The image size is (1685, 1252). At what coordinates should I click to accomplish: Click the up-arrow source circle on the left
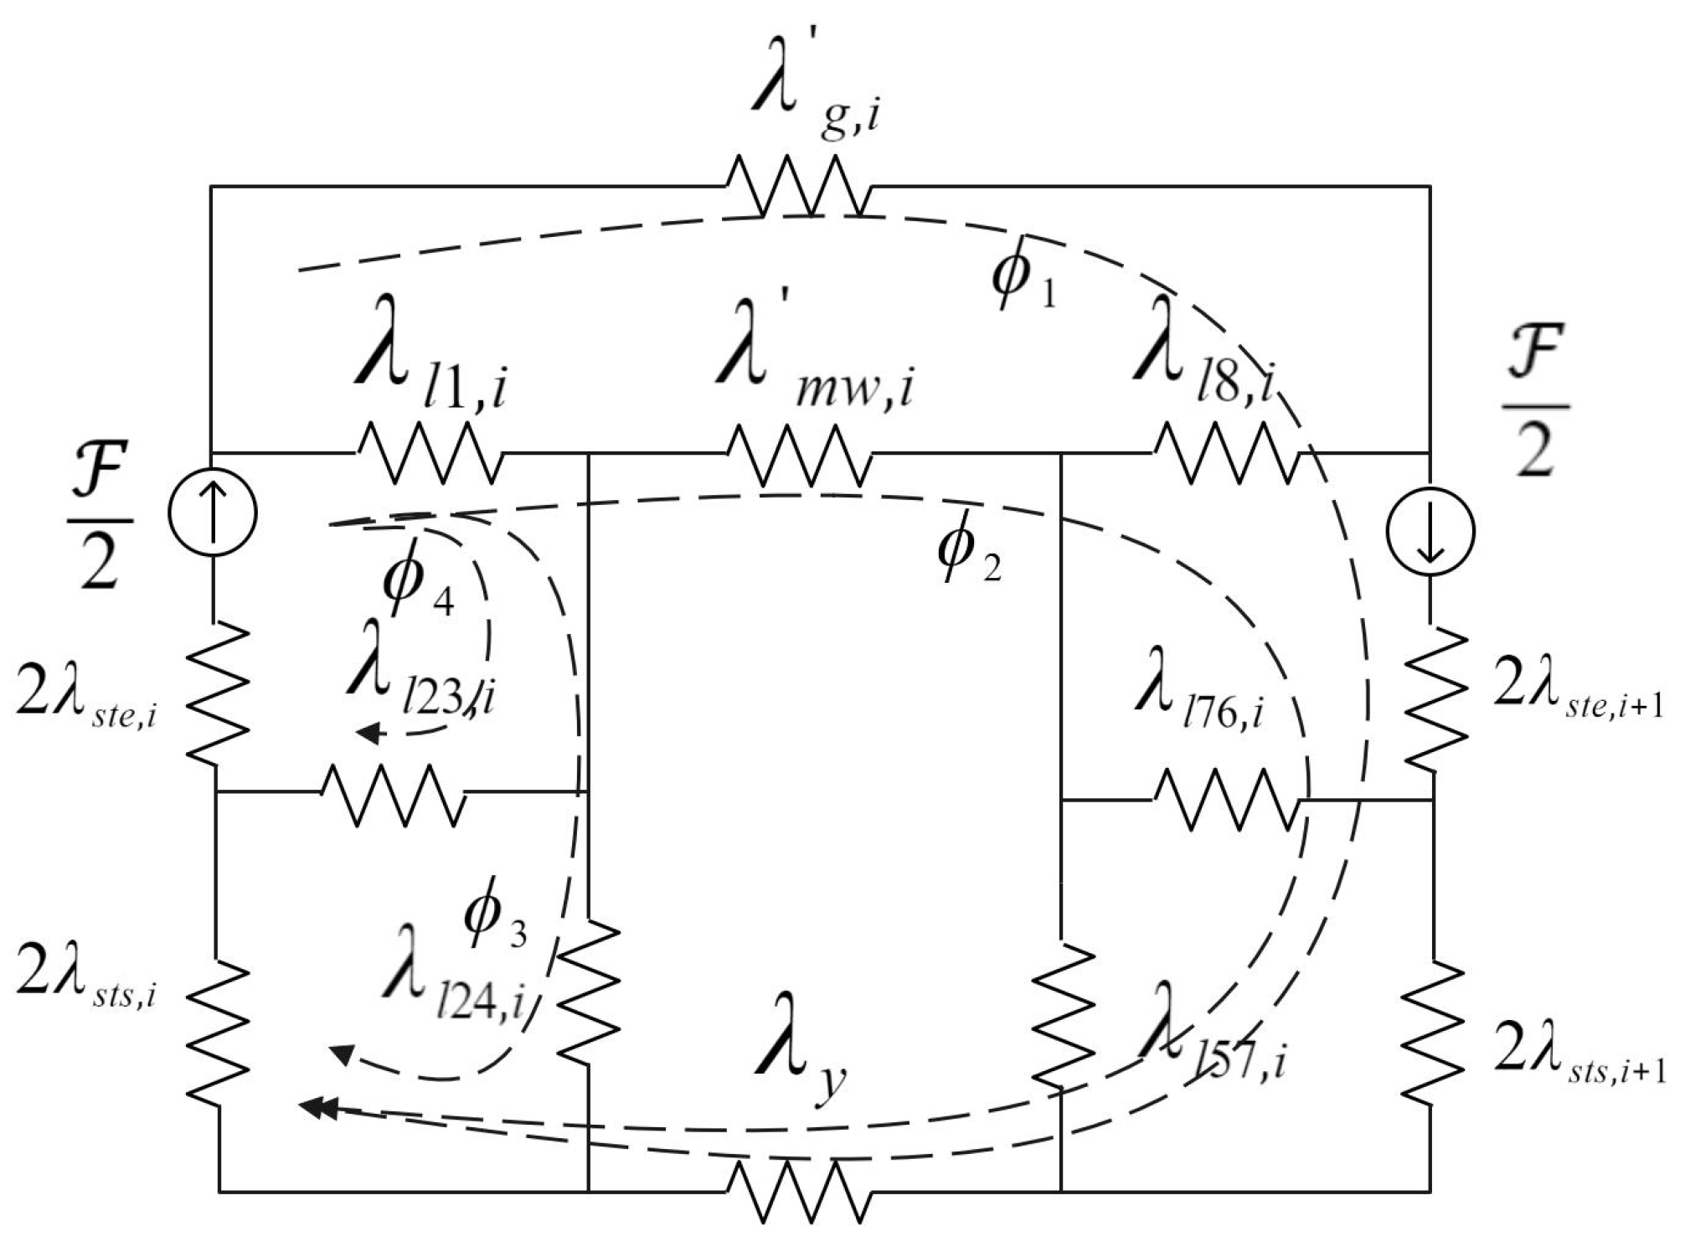click(x=213, y=512)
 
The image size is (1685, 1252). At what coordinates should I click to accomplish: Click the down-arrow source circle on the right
click(x=1430, y=531)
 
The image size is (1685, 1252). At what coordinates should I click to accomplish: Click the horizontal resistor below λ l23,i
click(x=394, y=793)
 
